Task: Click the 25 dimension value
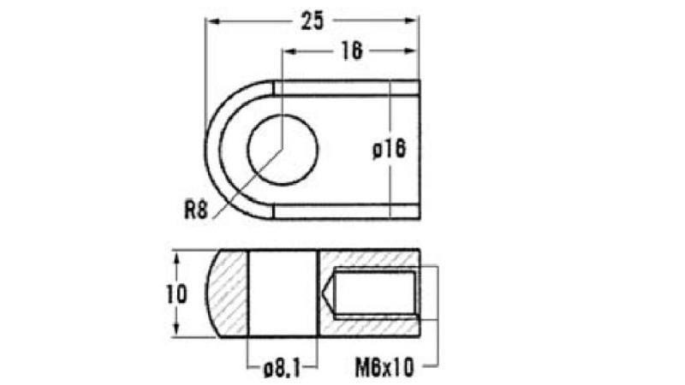coord(313,21)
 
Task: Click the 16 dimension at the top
coord(352,51)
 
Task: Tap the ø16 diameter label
coord(390,149)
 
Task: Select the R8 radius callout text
coord(196,210)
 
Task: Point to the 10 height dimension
coord(176,294)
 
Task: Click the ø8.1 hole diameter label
coord(283,370)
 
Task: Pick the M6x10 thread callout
coord(384,368)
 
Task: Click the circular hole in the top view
coord(283,150)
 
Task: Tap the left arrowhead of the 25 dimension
coord(212,21)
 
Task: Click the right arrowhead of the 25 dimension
coord(412,21)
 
